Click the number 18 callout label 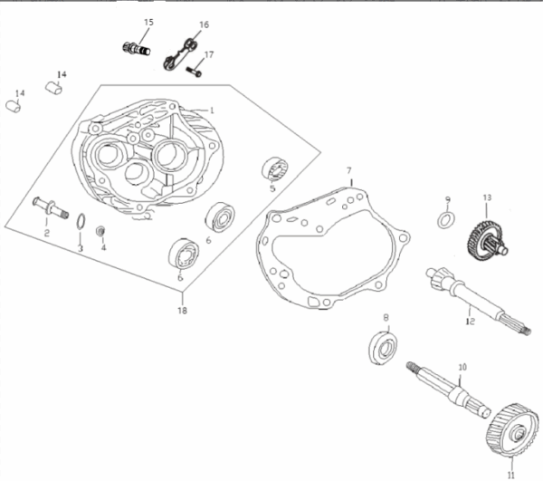click(182, 310)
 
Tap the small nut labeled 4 click(100, 231)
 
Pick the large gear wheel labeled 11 click(512, 429)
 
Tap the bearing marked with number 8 click(383, 348)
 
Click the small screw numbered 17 click(194, 71)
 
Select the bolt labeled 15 click(137, 49)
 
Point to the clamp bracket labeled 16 click(180, 54)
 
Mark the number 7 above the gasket click(349, 170)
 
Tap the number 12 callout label click(470, 322)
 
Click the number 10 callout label click(462, 367)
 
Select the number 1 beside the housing click(212, 111)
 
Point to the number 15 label click(148, 23)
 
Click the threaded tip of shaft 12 click(527, 332)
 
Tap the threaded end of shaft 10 click(411, 366)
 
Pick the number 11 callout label click(511, 476)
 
